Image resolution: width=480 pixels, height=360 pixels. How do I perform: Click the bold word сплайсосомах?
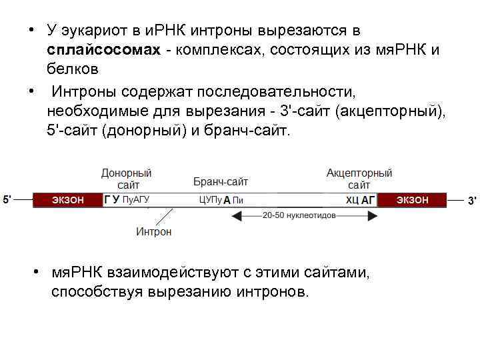tap(104, 51)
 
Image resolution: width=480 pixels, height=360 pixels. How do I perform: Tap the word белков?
tap(73, 69)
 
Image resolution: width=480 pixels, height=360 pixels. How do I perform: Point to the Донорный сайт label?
tap(126, 179)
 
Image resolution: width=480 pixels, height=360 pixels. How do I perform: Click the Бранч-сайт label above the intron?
tap(221, 181)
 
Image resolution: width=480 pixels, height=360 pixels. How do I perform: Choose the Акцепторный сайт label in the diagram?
tap(359, 179)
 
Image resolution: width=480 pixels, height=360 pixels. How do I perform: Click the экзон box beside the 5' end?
tap(68, 199)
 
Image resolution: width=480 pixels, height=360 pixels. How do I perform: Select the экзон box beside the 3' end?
tap(412, 199)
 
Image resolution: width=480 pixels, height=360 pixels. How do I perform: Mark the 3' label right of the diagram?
tap(471, 200)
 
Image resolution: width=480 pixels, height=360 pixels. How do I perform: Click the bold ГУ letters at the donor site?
tap(112, 199)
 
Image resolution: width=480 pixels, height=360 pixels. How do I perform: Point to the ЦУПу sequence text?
tap(210, 199)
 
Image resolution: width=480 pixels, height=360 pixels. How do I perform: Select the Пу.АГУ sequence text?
tap(137, 199)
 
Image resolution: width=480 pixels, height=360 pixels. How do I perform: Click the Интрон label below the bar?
tap(153, 232)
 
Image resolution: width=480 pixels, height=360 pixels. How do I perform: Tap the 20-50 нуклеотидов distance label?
tap(296, 215)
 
